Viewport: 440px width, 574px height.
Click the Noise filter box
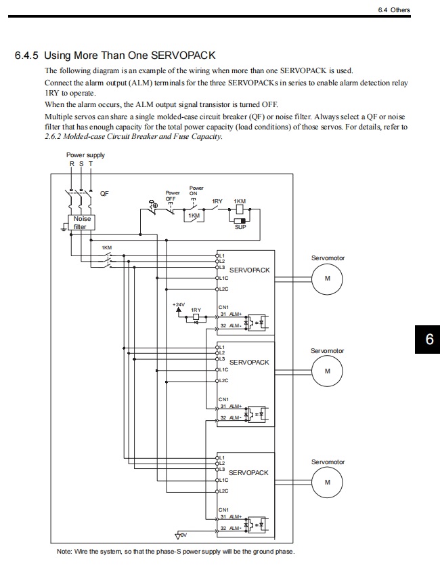point(82,223)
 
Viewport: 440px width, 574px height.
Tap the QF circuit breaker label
point(104,193)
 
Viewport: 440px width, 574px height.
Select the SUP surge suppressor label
point(240,228)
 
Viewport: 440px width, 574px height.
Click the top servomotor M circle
point(328,279)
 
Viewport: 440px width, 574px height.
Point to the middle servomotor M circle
point(328,371)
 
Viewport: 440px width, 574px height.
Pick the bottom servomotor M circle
point(328,483)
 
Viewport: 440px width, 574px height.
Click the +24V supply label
point(179,305)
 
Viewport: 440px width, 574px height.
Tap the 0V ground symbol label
point(181,535)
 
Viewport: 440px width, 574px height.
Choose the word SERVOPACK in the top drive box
point(249,270)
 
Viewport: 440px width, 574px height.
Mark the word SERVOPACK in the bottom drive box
point(249,472)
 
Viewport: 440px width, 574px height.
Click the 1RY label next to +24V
point(196,310)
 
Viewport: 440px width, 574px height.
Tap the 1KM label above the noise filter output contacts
point(107,247)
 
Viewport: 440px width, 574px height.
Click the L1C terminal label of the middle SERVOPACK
point(223,370)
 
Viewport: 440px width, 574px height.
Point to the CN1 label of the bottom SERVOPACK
point(223,510)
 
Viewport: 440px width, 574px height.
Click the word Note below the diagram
point(65,552)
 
